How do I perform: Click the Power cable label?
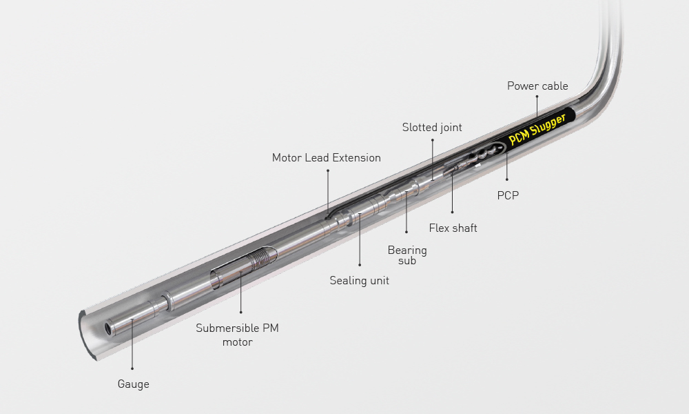click(x=537, y=86)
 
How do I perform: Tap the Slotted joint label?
click(x=432, y=128)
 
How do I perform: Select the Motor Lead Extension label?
click(x=326, y=157)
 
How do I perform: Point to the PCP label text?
click(x=508, y=195)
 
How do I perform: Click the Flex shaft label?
click(x=453, y=228)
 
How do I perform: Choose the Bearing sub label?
click(x=407, y=255)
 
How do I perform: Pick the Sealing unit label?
click(x=360, y=281)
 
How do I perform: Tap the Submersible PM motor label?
click(x=237, y=335)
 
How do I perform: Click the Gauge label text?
click(x=133, y=384)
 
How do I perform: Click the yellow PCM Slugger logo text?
click(x=537, y=130)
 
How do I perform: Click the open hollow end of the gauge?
click(x=108, y=328)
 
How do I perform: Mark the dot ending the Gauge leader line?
click(x=132, y=368)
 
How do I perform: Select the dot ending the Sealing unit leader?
click(x=360, y=265)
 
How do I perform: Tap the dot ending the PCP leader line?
click(x=506, y=179)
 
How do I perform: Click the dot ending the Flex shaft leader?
click(x=452, y=212)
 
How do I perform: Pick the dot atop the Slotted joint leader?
click(x=433, y=140)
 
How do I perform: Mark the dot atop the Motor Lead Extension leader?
click(x=327, y=170)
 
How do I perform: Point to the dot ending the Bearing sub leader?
click(x=407, y=232)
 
